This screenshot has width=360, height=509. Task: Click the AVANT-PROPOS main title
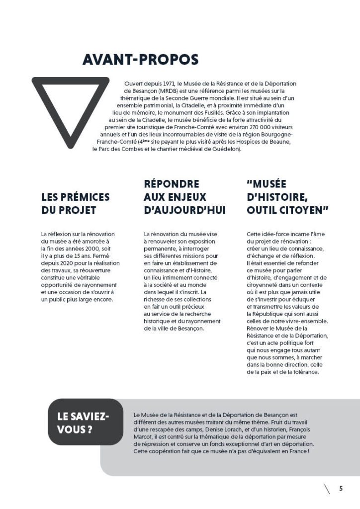(140, 60)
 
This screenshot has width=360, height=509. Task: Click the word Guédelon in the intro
(228, 149)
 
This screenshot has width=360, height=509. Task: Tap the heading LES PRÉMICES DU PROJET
(75, 203)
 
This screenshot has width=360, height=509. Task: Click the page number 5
(341, 488)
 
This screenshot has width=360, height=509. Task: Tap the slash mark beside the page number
(327, 489)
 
